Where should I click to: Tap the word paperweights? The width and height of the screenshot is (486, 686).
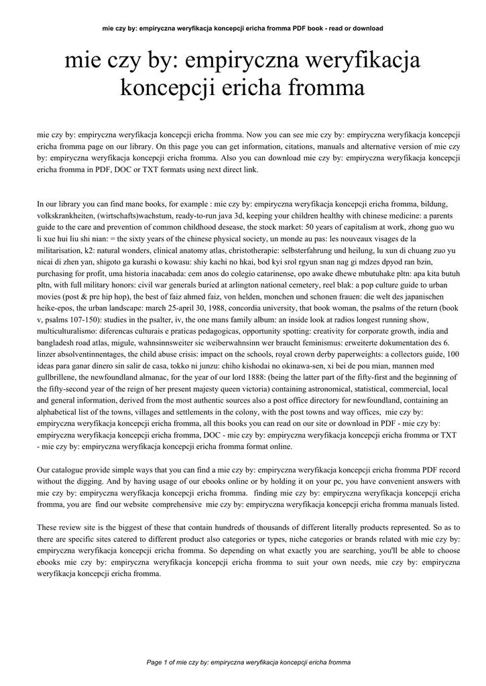[355, 354]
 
